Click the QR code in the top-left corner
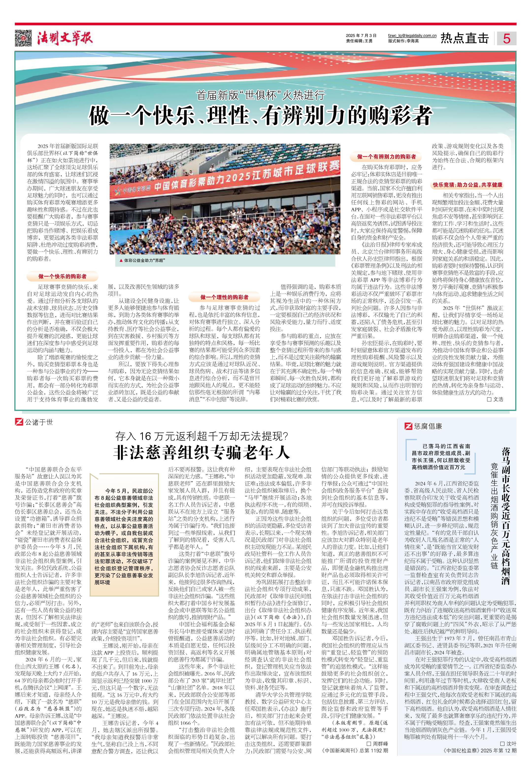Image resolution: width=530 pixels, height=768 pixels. click(x=23, y=38)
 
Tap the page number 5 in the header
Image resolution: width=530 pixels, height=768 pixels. click(x=506, y=38)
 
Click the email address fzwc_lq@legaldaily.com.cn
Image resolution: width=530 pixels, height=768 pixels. click(x=412, y=35)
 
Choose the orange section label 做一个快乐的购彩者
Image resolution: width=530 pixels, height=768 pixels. click(x=62, y=276)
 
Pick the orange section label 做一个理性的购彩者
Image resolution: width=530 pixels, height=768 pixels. click(x=224, y=297)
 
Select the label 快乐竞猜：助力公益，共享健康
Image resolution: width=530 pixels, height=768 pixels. click(x=467, y=185)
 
